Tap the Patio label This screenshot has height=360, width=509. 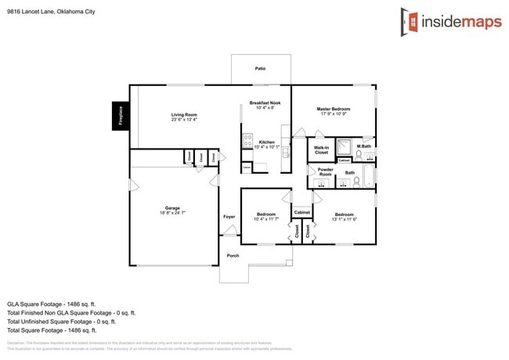click(260, 69)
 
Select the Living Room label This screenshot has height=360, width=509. click(184, 114)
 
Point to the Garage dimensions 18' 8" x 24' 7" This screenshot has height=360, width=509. click(172, 213)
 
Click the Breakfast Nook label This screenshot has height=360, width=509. click(265, 103)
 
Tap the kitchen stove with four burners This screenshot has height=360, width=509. click(247, 143)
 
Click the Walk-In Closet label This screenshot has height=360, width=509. click(321, 149)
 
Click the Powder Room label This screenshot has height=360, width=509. click(325, 171)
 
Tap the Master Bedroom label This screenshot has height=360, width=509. click(333, 109)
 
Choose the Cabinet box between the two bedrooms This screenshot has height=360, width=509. click(301, 213)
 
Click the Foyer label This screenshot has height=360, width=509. click(229, 217)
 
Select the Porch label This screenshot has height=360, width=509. click(233, 255)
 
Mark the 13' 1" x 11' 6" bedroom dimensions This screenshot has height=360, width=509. click(345, 219)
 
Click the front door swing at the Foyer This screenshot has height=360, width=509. click(230, 232)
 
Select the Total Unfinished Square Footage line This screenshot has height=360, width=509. click(62, 321)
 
